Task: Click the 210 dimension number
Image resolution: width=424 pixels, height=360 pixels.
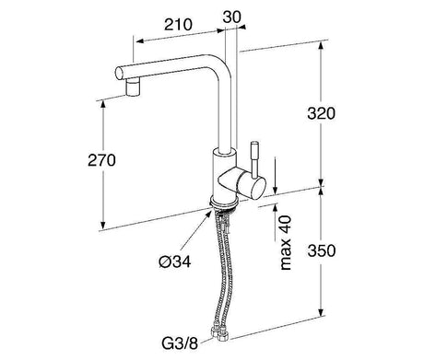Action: pyautogui.click(x=178, y=25)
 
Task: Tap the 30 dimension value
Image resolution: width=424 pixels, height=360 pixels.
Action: pyautogui.click(x=232, y=17)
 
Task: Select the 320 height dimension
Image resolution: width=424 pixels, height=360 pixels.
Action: pyautogui.click(x=321, y=113)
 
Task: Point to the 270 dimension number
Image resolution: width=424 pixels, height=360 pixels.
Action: pyautogui.click(x=101, y=160)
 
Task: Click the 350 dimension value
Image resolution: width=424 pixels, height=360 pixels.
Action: pyautogui.click(x=322, y=250)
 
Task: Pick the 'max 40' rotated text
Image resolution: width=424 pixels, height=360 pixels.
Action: pyautogui.click(x=286, y=243)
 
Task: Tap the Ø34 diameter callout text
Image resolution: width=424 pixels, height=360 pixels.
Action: pyautogui.click(x=175, y=261)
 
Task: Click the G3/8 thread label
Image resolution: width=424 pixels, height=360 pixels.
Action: pyautogui.click(x=180, y=343)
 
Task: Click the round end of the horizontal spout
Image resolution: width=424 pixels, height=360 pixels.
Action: pyautogui.click(x=120, y=74)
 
